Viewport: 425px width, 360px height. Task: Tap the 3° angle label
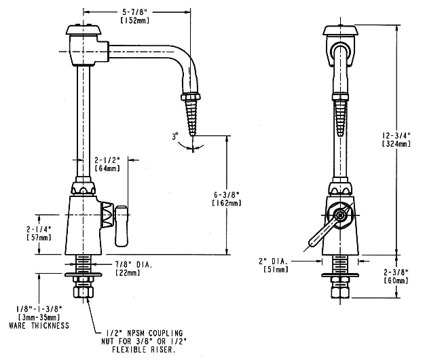tap(176, 136)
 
